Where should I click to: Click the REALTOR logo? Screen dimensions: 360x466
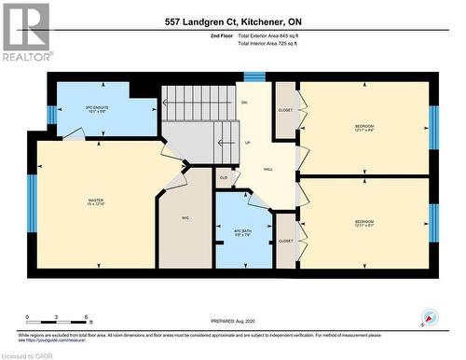(25, 32)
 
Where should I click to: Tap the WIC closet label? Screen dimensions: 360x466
(185, 218)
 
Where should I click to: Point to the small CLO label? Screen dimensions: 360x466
(223, 176)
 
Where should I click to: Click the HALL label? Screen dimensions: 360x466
(268, 170)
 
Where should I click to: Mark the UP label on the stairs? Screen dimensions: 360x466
(246, 143)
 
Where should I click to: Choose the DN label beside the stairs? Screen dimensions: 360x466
(243, 102)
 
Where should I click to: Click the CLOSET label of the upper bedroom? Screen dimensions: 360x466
(285, 109)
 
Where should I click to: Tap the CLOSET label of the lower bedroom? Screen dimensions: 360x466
(285, 241)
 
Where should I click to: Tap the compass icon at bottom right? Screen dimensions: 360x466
(430, 318)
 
